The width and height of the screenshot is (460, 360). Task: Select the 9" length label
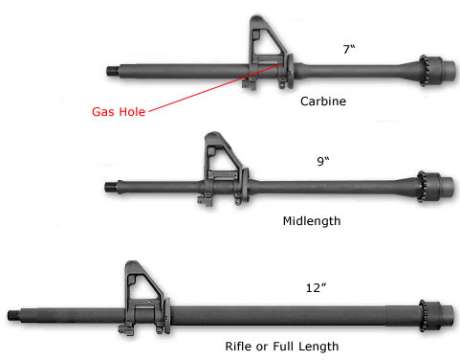coord(320,159)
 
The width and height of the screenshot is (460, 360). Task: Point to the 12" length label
coord(316,287)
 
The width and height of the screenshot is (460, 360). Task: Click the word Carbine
coord(323,101)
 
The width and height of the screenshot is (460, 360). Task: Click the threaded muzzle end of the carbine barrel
coord(112,70)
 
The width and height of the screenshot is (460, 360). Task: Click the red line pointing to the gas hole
coord(210,89)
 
